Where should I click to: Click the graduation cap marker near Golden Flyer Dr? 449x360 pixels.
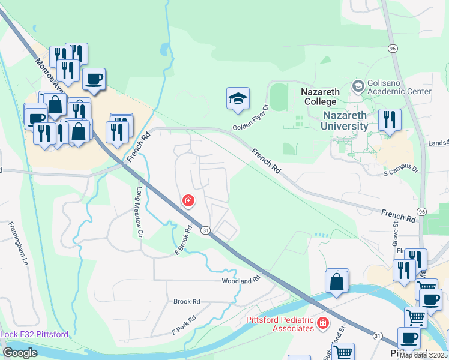pos(238,99)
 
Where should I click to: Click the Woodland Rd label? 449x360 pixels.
pos(241,280)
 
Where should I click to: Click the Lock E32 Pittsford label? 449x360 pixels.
pos(34,334)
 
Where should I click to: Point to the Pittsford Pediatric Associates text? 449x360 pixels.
pos(280,324)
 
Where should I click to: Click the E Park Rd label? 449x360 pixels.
pos(184,325)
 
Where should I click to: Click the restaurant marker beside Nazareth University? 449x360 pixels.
pos(390,121)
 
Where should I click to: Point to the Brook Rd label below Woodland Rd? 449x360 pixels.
pos(187,301)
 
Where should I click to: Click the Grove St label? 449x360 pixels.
pos(396,232)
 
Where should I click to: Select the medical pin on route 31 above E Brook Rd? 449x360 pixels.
pos(188,200)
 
